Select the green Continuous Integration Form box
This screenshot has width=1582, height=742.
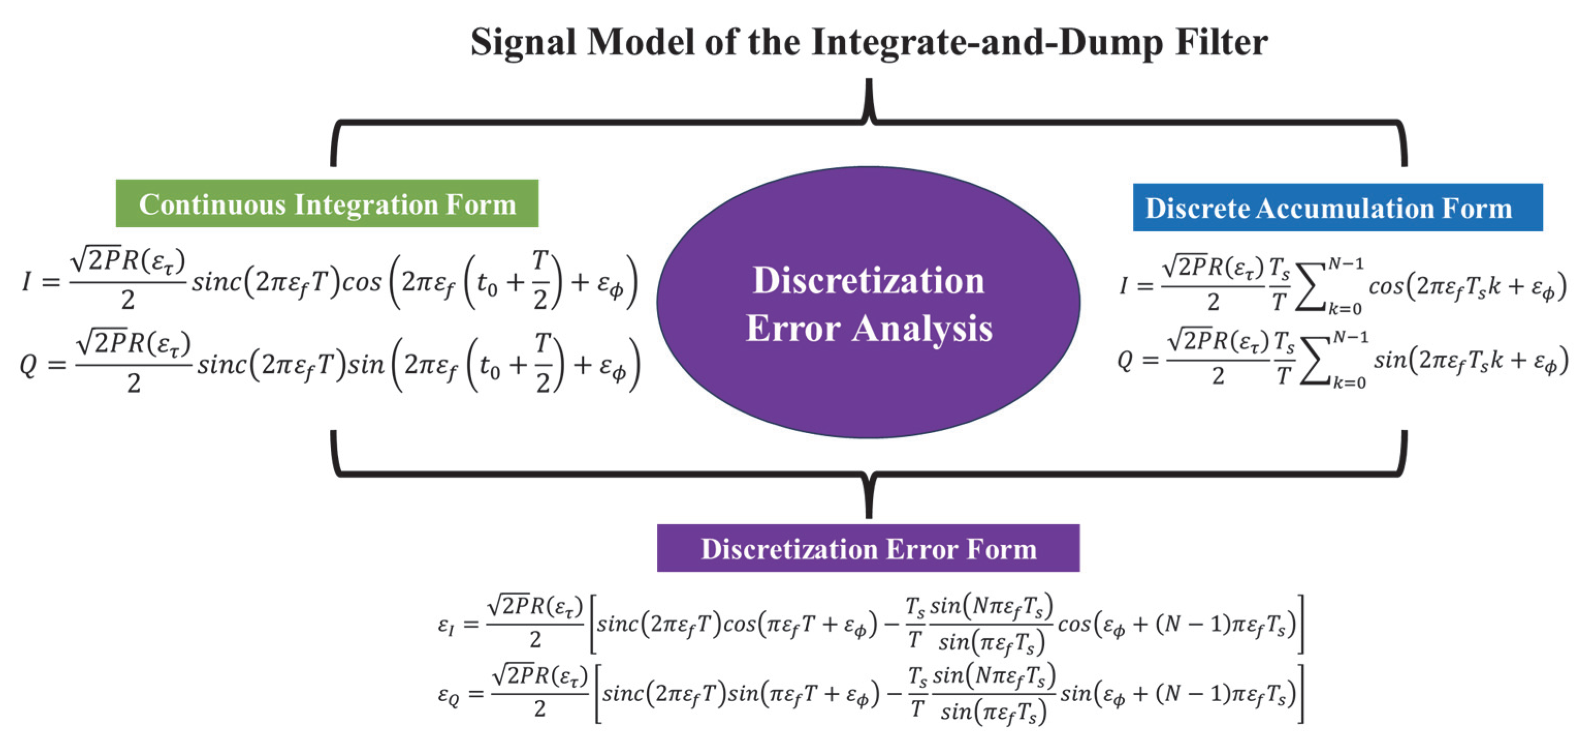[327, 204]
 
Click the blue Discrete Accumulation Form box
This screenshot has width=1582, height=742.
[1337, 208]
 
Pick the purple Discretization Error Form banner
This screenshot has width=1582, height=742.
[868, 548]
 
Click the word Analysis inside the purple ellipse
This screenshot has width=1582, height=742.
[922, 328]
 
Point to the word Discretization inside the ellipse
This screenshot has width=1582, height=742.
[868, 281]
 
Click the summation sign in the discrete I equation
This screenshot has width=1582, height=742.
[1311, 288]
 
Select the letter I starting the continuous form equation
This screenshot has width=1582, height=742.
[26, 282]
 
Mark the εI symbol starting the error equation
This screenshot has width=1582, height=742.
[446, 625]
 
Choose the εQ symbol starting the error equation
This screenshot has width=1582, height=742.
[448, 694]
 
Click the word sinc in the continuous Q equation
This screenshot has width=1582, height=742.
[220, 365]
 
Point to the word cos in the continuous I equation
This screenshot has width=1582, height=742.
[361, 282]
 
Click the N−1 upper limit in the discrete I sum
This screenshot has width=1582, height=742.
[1346, 264]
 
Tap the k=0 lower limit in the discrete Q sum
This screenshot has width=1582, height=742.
[1349, 383]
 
